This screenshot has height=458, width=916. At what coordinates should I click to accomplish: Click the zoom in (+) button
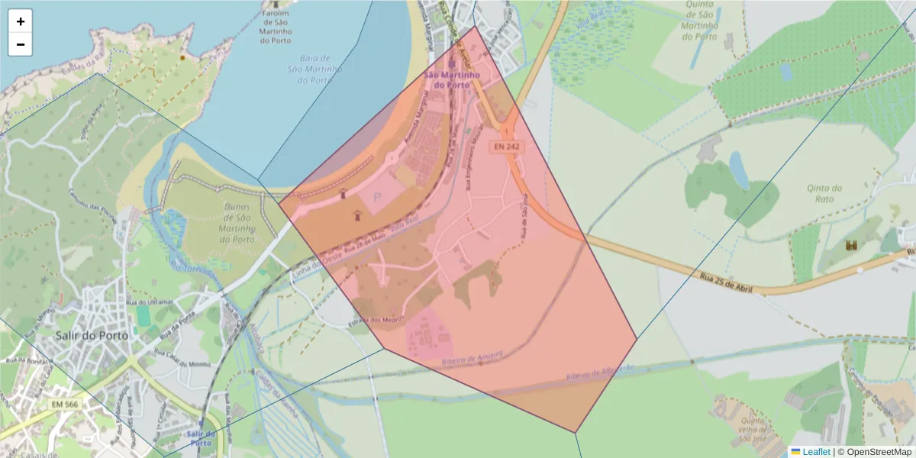(21, 21)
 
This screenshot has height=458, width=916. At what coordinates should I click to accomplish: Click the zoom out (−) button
(21, 44)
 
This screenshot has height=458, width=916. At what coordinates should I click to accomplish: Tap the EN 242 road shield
(506, 146)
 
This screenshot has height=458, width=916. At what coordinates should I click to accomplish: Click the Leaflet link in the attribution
(816, 452)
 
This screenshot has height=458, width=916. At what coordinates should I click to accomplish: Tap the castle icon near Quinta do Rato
(851, 246)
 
